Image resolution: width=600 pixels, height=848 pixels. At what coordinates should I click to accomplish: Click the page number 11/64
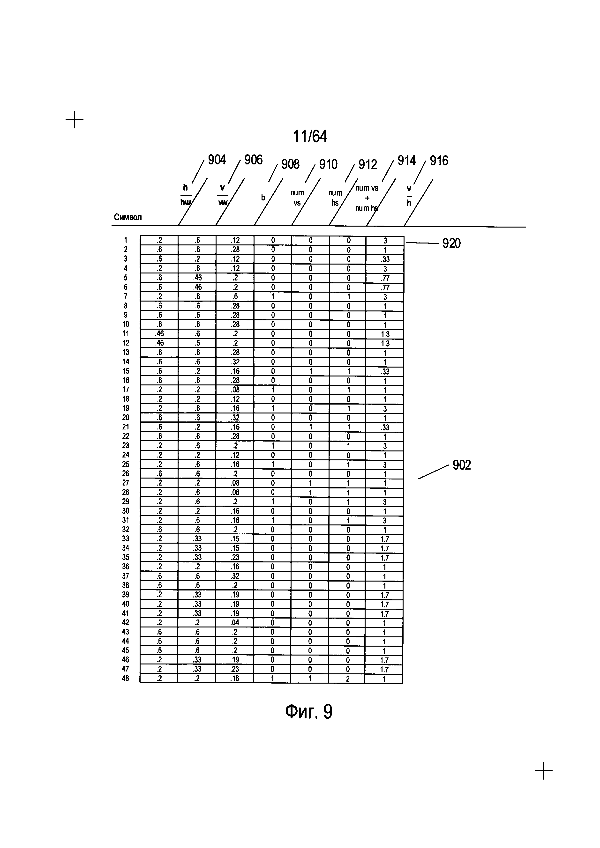[310, 137]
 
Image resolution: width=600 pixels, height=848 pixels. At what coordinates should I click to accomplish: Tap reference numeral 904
[217, 160]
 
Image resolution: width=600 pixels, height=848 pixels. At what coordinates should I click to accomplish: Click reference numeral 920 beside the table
[451, 243]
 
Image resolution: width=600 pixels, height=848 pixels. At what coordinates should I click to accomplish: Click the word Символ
[128, 217]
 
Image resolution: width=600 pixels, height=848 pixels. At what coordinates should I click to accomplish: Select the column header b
[263, 198]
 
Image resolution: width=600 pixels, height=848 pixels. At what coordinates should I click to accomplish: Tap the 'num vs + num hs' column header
[367, 198]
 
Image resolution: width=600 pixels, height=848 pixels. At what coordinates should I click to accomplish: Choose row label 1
[126, 240]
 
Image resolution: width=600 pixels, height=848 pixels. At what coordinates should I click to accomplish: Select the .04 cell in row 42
[235, 623]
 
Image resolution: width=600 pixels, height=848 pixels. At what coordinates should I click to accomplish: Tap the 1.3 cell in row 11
[385, 334]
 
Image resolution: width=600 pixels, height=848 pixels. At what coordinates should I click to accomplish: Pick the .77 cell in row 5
[385, 278]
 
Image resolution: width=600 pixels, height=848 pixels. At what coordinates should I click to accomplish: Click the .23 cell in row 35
[235, 557]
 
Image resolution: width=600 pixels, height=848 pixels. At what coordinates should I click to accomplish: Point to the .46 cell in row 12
[159, 343]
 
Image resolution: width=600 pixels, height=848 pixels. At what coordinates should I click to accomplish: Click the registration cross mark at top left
[75, 120]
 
